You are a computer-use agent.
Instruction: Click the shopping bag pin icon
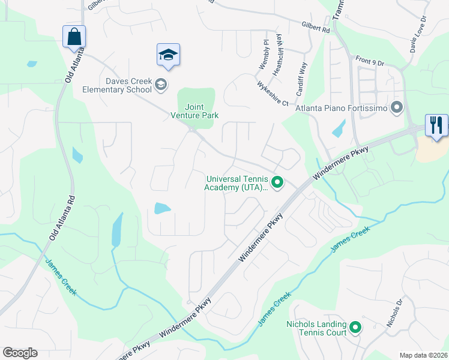[74, 36]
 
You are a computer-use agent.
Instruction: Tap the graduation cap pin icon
[168, 55]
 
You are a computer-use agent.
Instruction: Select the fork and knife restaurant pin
[436, 125]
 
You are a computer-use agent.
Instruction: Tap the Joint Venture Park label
[194, 111]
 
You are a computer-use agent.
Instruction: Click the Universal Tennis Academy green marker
[277, 182]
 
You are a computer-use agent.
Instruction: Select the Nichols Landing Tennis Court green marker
[355, 328]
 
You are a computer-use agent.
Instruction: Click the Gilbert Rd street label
[316, 28]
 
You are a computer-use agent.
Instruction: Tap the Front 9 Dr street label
[369, 61]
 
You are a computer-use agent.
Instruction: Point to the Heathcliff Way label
[277, 58]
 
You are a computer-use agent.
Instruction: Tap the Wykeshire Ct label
[273, 94]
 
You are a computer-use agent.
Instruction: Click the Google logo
[20, 353]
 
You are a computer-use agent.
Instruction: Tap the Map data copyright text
[423, 355]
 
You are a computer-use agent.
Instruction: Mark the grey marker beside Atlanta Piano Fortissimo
[396, 109]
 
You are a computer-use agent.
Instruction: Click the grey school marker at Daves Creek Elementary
[160, 85]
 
